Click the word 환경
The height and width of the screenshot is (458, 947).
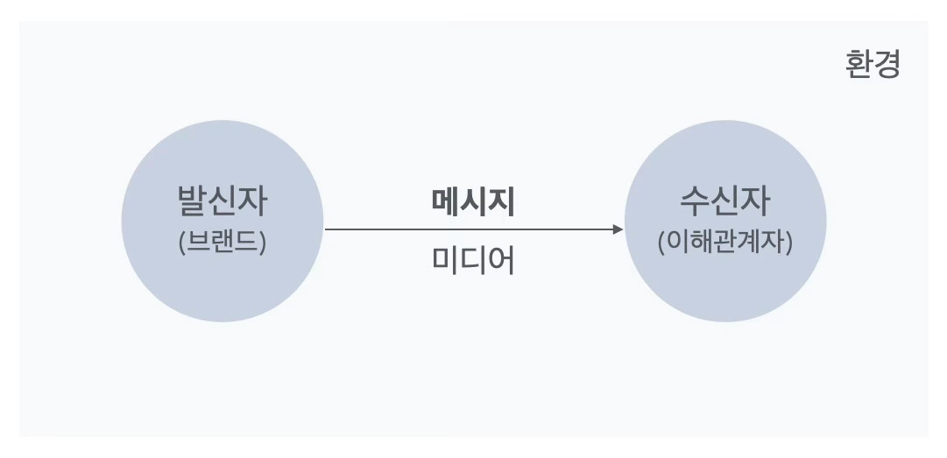tap(873, 65)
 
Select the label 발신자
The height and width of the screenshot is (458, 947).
tap(222, 201)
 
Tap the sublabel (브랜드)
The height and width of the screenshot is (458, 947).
tap(222, 242)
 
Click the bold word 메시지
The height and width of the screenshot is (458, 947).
tap(473, 202)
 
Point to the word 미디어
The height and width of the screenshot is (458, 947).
tap(473, 260)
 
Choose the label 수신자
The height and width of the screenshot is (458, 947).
tap(724, 201)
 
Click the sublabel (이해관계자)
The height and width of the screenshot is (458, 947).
tap(724, 242)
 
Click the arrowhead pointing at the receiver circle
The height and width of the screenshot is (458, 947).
tap(618, 229)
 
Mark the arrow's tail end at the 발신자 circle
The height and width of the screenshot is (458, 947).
tap(327, 229)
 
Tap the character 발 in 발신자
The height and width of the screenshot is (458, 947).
tap(192, 201)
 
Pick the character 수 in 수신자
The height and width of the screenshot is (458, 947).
tap(695, 201)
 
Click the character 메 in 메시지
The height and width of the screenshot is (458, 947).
tap(445, 202)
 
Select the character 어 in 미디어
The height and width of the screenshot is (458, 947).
tap(501, 260)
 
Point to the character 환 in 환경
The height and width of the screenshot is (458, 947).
tap(859, 65)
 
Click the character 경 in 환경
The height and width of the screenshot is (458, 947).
tap(887, 65)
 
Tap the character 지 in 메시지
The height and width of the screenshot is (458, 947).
tap(501, 202)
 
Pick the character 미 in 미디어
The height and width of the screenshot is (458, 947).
tap(445, 260)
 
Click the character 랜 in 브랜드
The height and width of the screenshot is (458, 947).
tap(222, 242)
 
